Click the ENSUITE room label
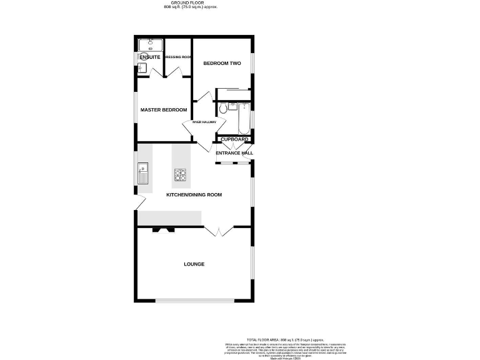pos(150,57)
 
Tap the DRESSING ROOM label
pos(177,57)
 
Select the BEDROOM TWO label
pos(222,63)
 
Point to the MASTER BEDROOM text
pos(164,110)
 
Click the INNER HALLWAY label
pos(204,122)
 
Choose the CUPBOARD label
pos(234,139)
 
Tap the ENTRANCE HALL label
pos(234,153)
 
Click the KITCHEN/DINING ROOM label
pos(194,195)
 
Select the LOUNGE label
pos(194,264)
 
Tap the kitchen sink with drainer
pos(144,174)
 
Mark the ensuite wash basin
pos(141,67)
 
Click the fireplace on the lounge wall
pos(164,229)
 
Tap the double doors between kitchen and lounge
pos(219,231)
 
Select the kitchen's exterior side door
pos(140,202)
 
